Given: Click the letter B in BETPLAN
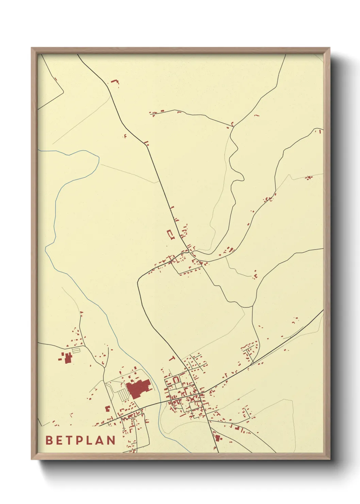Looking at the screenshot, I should pyautogui.click(x=49, y=440).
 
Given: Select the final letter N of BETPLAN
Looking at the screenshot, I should pyautogui.click(x=111, y=440).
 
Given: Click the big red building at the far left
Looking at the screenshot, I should pyautogui.click(x=67, y=358).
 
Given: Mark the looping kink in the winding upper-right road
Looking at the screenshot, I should pyautogui.click(x=238, y=177).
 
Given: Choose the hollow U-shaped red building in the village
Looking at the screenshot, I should pyautogui.click(x=176, y=379).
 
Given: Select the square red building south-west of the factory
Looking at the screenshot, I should pyautogui.click(x=108, y=408).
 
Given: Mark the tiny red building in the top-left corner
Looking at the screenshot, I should pyautogui.click(x=56, y=79).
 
